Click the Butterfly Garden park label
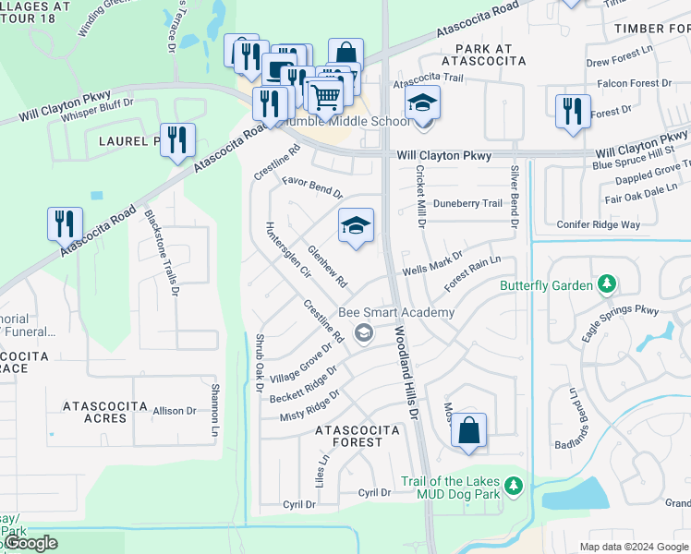[546, 285]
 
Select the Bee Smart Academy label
[396, 312]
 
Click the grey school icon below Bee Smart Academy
[365, 332]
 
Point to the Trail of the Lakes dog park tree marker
[514, 483]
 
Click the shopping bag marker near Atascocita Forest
[468, 430]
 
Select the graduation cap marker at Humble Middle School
[422, 102]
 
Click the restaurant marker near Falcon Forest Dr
[573, 110]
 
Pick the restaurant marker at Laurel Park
[177, 140]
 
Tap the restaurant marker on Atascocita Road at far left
[65, 224]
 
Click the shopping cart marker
[324, 94]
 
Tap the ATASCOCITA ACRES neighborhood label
[105, 412]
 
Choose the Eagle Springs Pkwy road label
[620, 324]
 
